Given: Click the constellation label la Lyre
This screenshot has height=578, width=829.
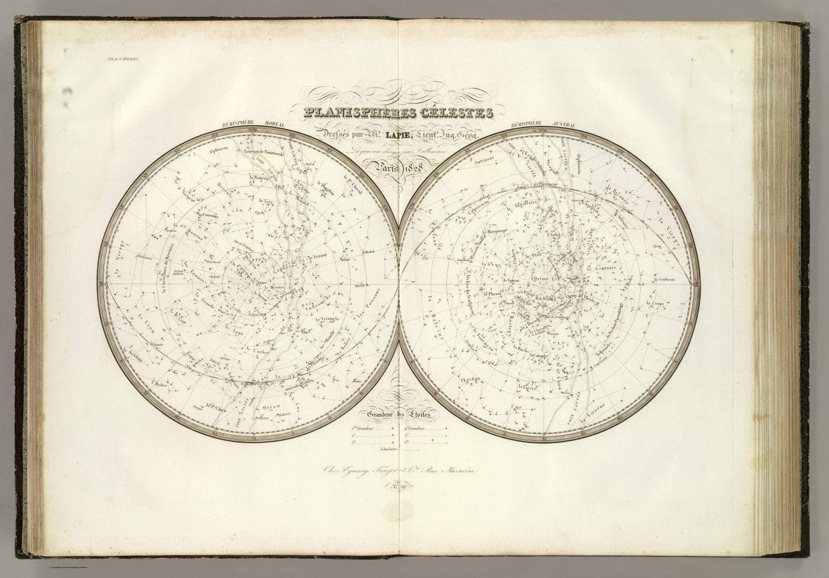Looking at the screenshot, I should click(x=266, y=203).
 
